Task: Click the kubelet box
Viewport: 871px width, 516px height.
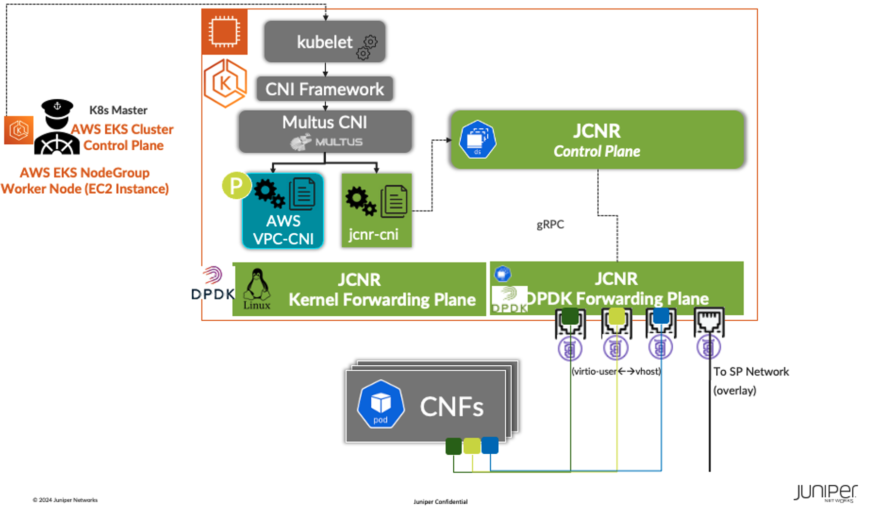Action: tap(324, 42)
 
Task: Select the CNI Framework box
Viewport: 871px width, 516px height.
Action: tap(324, 89)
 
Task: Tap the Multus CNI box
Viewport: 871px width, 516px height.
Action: tap(325, 131)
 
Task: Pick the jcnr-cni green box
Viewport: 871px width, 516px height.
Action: tap(376, 211)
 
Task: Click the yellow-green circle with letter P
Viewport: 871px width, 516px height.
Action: tap(236, 186)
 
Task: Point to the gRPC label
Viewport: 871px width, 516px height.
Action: tap(550, 224)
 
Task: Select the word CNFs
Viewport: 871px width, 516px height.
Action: tap(451, 407)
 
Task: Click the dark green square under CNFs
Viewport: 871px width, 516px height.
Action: tap(453, 446)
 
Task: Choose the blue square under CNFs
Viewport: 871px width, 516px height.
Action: tap(489, 445)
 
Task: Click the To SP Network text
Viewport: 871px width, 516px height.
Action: tap(750, 372)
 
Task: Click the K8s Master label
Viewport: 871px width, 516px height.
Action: tap(118, 110)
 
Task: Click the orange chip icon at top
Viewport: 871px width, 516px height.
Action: tap(224, 32)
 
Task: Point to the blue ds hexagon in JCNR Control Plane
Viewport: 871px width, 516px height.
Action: tap(477, 139)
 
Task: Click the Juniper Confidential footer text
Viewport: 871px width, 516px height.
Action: tap(440, 502)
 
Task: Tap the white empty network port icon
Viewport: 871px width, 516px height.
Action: tap(709, 322)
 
